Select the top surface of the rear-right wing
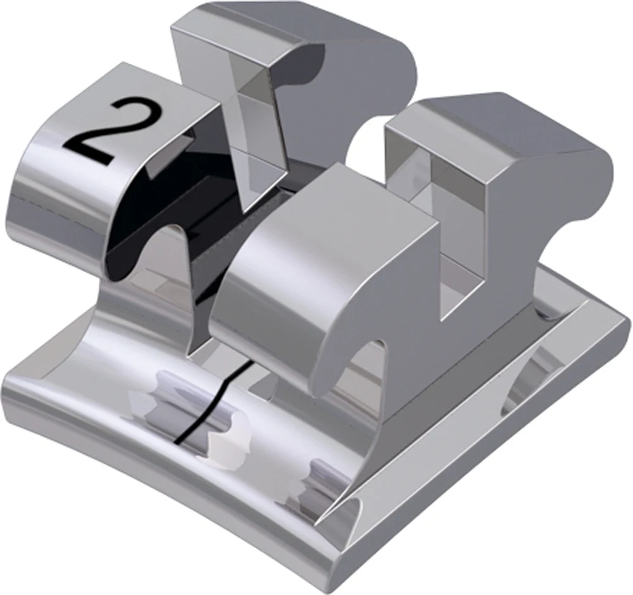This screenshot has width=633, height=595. pos(506,126)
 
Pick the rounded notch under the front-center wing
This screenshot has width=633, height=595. pos(367,367)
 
